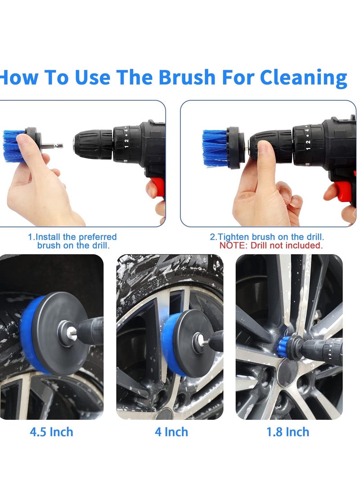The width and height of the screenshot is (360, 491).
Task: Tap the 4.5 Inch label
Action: click(51, 432)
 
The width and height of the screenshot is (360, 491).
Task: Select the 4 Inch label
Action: click(171, 432)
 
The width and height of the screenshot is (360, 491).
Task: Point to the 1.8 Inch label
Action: click(288, 432)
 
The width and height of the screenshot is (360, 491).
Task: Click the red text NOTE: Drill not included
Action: click(271, 246)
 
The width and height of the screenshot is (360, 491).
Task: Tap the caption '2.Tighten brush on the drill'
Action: click(267, 237)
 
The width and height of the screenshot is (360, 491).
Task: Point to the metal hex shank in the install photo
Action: click(53, 146)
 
